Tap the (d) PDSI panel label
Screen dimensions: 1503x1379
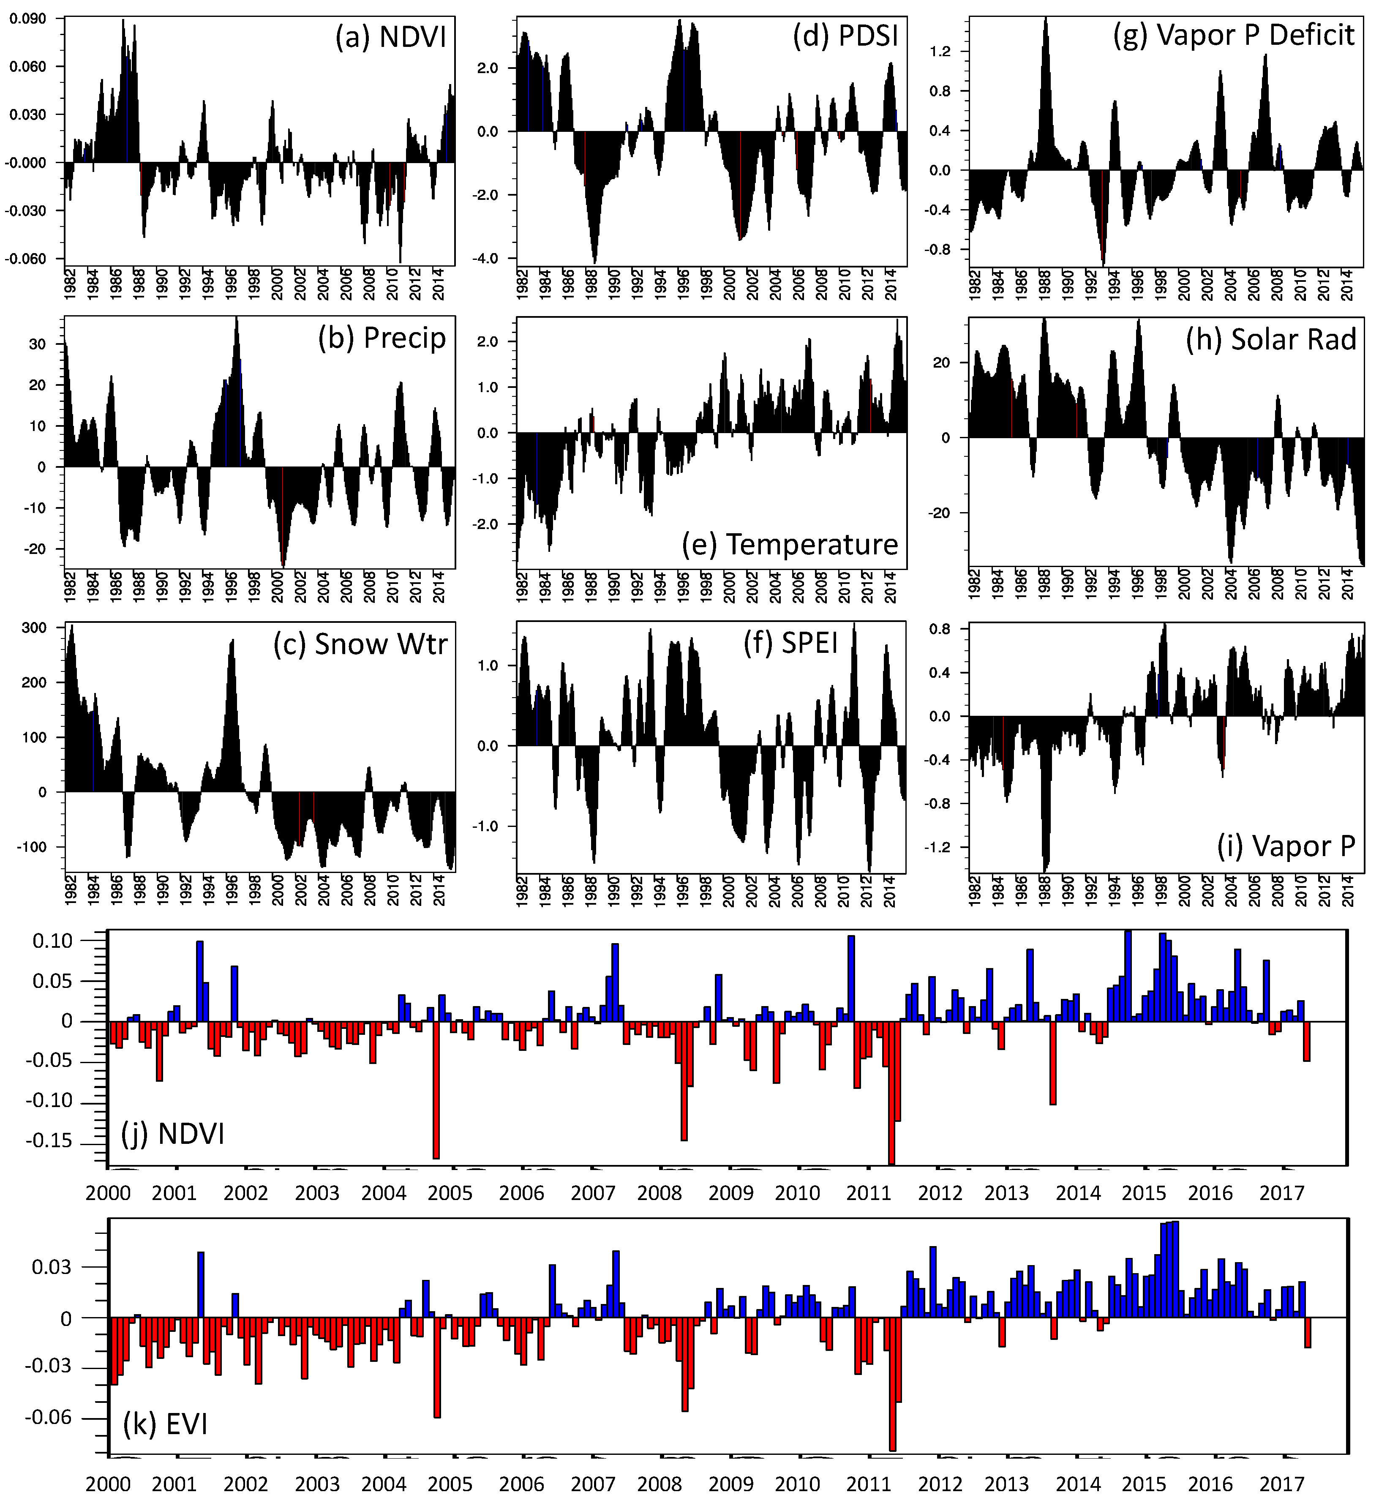pyautogui.click(x=845, y=35)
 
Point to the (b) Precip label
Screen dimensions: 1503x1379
pyautogui.click(x=382, y=338)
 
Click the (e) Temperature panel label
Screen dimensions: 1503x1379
pyautogui.click(x=790, y=544)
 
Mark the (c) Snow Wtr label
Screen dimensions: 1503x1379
pyautogui.click(x=360, y=644)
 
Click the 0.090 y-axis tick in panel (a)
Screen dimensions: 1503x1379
pyautogui.click(x=27, y=19)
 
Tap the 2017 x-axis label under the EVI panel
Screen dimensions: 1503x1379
pyautogui.click(x=1281, y=1484)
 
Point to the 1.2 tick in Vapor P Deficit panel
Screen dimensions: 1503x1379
pyautogui.click(x=940, y=52)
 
